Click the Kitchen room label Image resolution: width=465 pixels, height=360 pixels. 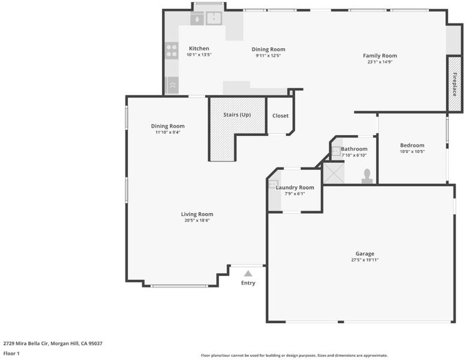click(x=199, y=49)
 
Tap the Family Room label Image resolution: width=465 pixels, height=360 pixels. click(x=380, y=55)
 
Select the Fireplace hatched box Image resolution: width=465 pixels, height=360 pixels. click(x=454, y=84)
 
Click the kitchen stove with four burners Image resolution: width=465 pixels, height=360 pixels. click(x=172, y=51)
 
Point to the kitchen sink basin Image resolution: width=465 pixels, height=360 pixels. click(x=214, y=18)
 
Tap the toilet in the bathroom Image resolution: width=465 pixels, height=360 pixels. click(x=367, y=176)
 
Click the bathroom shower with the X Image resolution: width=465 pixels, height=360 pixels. click(x=334, y=173)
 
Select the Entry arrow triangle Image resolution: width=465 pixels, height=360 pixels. click(x=248, y=274)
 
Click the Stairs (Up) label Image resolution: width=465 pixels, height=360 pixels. click(x=237, y=115)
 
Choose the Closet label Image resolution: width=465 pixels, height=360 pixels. click(x=281, y=116)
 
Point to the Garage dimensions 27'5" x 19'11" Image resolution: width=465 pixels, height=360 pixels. click(x=365, y=260)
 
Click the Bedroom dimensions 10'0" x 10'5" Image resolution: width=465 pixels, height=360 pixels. click(x=412, y=152)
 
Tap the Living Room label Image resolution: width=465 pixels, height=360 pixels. click(x=197, y=214)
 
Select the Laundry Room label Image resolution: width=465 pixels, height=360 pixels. click(x=295, y=187)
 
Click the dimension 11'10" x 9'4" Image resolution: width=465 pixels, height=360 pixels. click(x=168, y=132)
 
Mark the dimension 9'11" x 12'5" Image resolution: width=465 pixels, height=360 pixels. click(x=268, y=55)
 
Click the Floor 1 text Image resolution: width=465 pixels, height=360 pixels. click(x=11, y=353)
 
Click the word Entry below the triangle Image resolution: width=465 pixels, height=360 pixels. click(x=248, y=283)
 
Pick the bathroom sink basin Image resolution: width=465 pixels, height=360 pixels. click(x=336, y=151)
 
